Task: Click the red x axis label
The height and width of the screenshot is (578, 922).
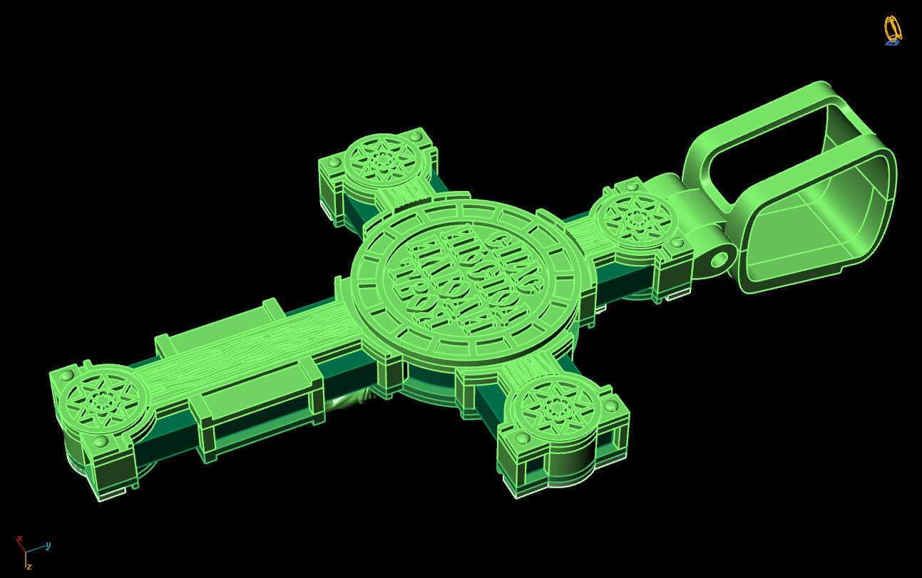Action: click(20, 539)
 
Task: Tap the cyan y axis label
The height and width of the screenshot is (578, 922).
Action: click(48, 546)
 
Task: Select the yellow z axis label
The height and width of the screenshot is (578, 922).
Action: click(29, 566)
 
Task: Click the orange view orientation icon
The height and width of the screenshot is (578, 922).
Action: click(892, 30)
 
